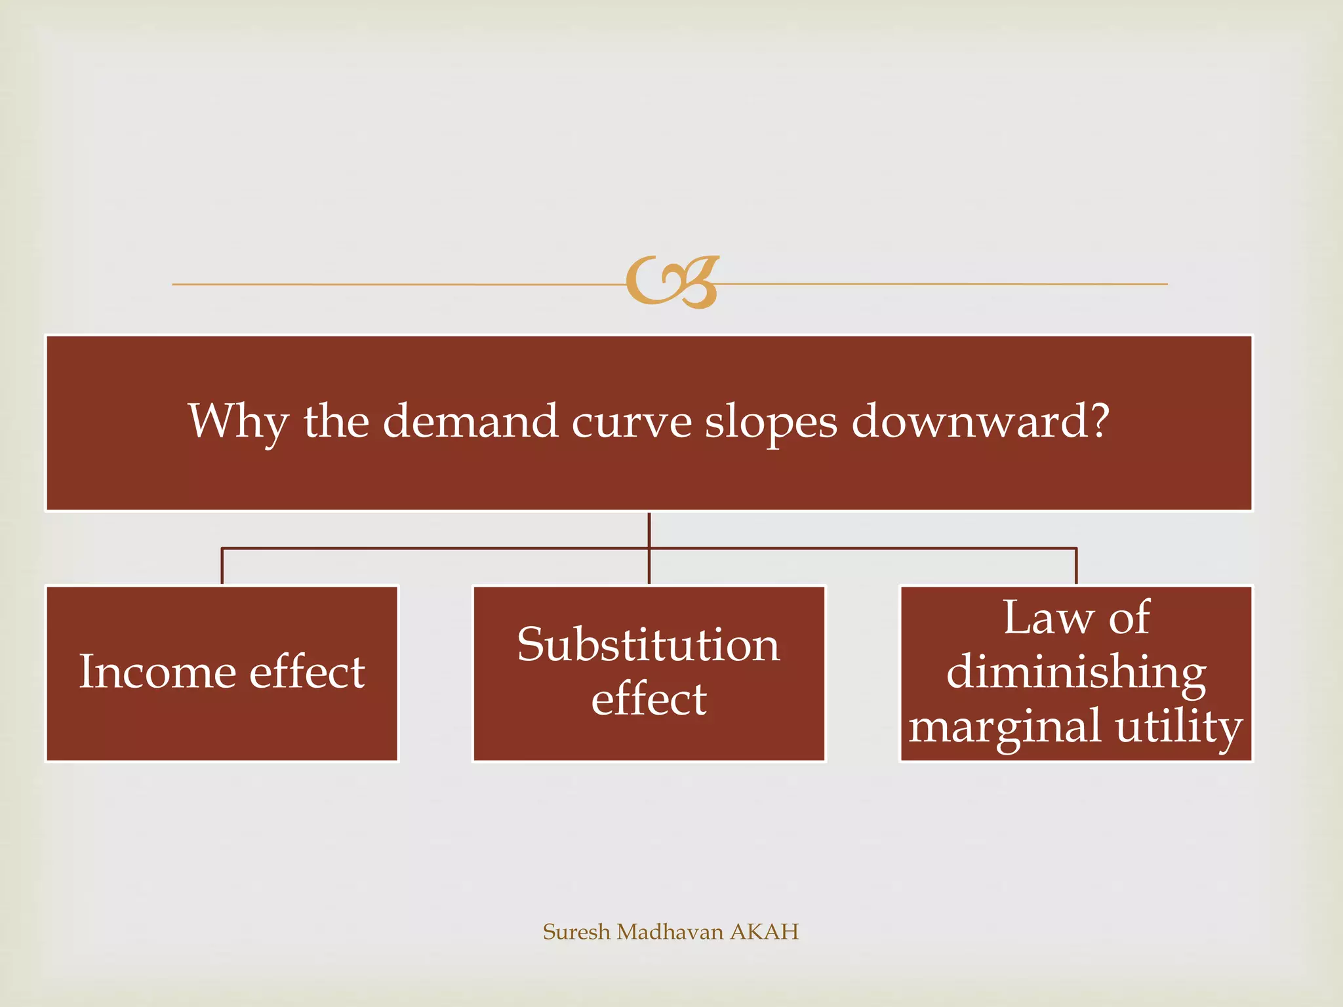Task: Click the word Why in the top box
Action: pos(237,422)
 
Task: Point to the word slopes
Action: pos(771,422)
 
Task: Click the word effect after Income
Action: pos(307,671)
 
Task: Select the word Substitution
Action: pos(649,644)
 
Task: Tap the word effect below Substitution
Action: pos(649,698)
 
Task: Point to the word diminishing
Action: pos(1076,673)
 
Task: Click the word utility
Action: pos(1179,726)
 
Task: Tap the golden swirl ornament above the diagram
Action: pos(672,282)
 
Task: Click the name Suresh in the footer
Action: pos(576,932)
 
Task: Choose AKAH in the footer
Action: pos(764,932)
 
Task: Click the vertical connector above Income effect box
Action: pos(222,566)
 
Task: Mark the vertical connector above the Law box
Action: pos(1076,566)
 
